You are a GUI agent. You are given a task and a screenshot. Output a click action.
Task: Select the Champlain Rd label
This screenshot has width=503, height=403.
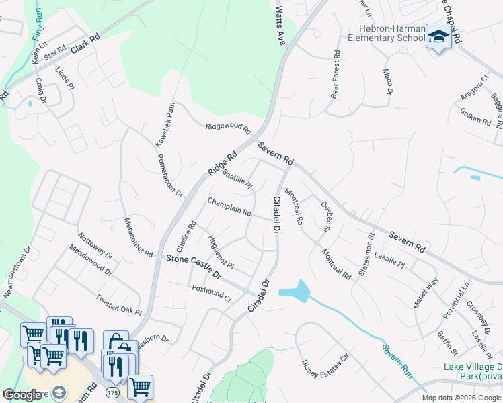pyautogui.click(x=229, y=206)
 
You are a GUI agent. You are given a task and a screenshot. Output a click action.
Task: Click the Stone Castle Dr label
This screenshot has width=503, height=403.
pyautogui.click(x=193, y=266)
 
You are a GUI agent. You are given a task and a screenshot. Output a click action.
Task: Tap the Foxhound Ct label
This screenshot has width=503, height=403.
pyautogui.click(x=211, y=294)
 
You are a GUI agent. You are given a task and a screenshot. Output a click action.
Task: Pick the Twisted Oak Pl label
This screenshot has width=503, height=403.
pyautogui.click(x=118, y=304)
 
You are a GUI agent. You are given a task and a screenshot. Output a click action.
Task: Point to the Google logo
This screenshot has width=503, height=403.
pyautogui.click(x=22, y=395)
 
